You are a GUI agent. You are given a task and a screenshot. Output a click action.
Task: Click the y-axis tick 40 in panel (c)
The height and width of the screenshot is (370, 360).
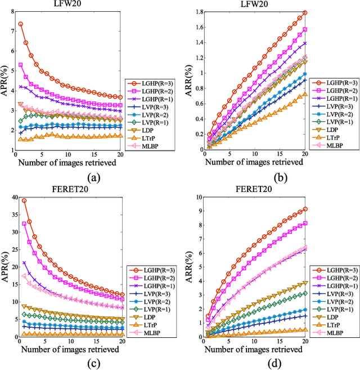tap(11, 197)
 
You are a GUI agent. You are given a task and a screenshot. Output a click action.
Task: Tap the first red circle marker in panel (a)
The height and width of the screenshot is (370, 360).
tap(21, 24)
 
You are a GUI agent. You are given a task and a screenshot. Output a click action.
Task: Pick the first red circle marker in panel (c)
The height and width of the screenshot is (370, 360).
tap(24, 200)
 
